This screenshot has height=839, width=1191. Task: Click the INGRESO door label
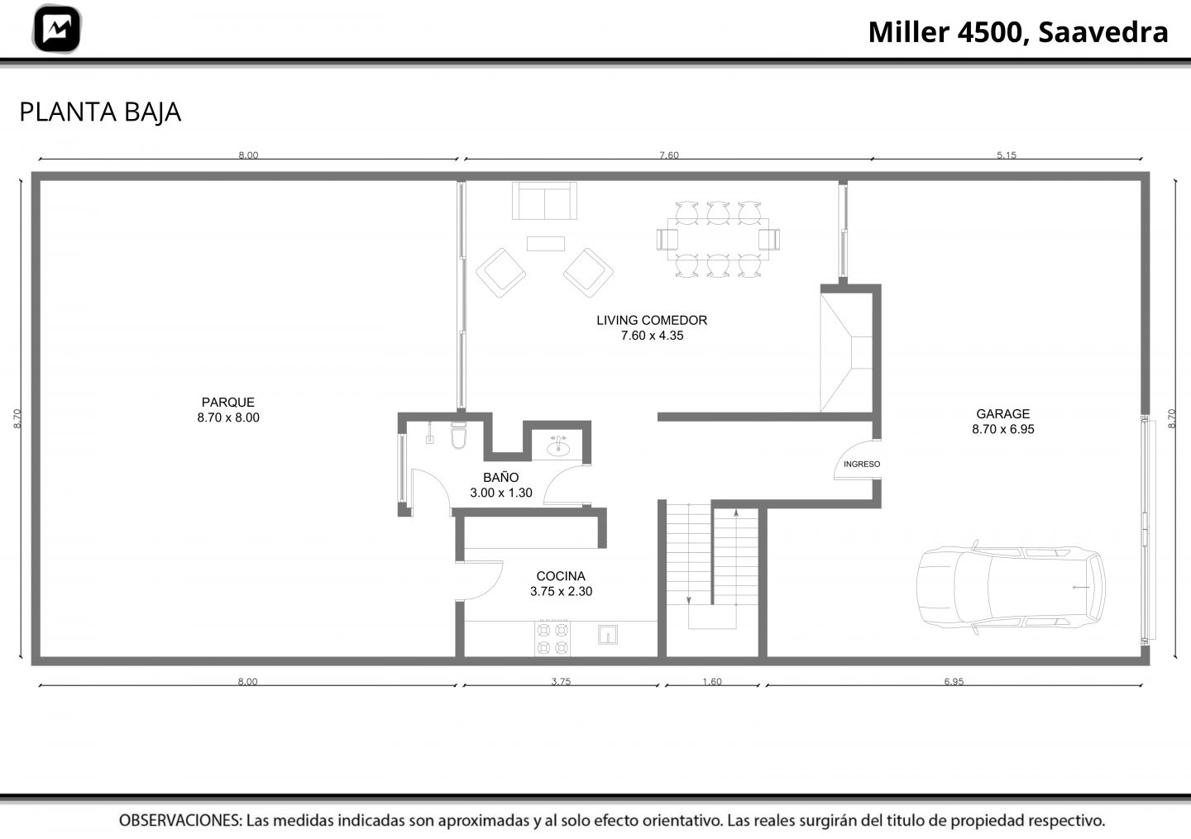tap(861, 464)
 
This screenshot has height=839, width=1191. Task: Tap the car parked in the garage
tap(1011, 587)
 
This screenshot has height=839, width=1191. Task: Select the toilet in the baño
tap(458, 435)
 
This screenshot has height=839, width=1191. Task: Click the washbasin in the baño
tap(558, 447)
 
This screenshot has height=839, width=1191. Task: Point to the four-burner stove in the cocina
tap(552, 638)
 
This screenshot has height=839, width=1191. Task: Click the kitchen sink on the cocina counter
tap(607, 635)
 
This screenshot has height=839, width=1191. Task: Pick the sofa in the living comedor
tap(544, 201)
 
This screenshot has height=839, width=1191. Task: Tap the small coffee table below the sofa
tap(546, 243)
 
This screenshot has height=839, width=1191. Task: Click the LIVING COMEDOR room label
tap(652, 321)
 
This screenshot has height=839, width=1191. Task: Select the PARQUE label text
tap(228, 403)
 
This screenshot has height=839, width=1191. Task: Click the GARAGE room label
tap(1002, 414)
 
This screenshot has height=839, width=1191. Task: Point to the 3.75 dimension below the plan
tap(561, 681)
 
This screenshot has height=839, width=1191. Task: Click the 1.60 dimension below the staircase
tap(712, 681)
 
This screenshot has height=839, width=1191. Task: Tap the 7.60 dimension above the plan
tap(669, 155)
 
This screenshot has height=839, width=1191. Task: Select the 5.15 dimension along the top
tap(1006, 155)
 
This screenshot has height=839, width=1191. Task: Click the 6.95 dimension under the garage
tap(954, 681)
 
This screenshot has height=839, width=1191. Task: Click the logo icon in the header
tap(57, 29)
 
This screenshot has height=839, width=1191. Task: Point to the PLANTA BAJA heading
tap(100, 112)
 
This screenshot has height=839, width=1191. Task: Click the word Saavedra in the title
tap(1103, 32)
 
